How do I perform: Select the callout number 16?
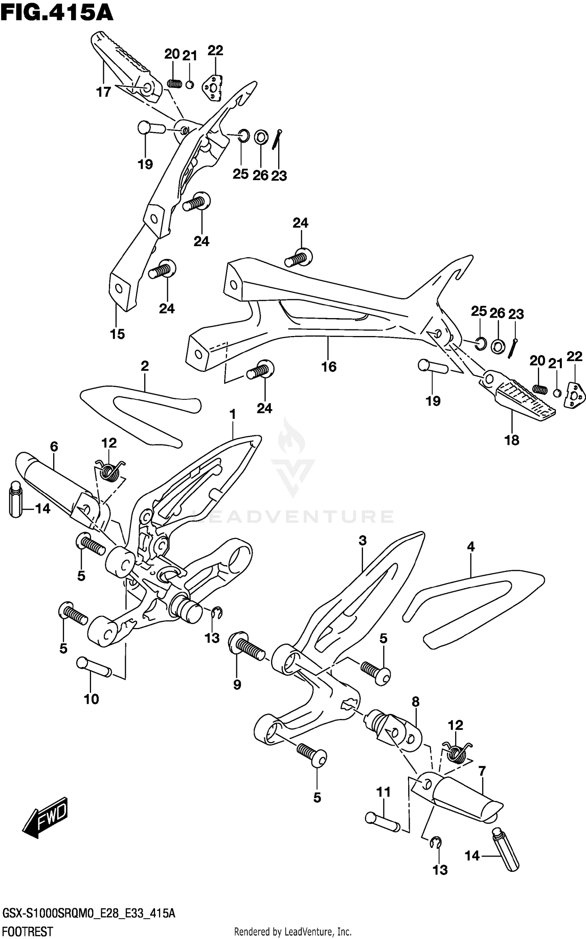point(329,367)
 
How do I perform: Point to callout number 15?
point(117,334)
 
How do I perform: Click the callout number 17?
point(104,92)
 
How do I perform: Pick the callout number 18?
point(512,440)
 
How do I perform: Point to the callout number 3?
point(363,541)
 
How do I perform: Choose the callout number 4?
point(471,547)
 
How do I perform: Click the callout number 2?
point(145,366)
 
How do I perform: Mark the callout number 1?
point(233,414)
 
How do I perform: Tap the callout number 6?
point(54,446)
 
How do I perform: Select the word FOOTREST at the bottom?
point(28,931)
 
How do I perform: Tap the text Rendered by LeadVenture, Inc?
point(293,932)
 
